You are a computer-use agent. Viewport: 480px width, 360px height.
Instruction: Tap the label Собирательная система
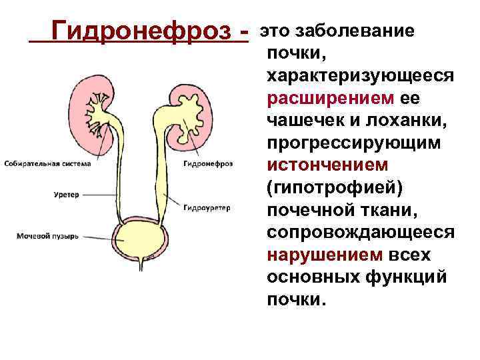[41, 163]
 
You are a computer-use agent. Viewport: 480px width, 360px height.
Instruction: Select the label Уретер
[67, 195]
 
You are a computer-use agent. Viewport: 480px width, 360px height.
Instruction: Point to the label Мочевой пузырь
[48, 236]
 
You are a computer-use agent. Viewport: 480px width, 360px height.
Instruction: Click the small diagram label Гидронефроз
[207, 163]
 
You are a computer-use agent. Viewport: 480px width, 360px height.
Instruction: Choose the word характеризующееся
[361, 76]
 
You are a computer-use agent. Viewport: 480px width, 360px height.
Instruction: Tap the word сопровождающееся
[361, 234]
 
